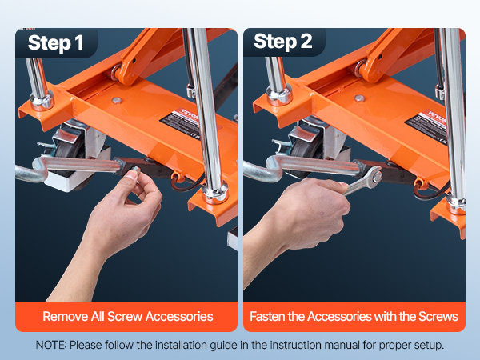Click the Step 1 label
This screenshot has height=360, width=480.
click(55, 42)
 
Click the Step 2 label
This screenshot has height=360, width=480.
click(283, 42)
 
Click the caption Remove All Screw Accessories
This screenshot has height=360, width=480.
click(128, 316)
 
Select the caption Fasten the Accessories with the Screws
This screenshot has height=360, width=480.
click(354, 316)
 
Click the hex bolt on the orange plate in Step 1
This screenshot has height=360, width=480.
click(116, 100)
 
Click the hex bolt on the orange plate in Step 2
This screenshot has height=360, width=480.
click(359, 98)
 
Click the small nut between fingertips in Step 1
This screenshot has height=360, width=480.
click(136, 170)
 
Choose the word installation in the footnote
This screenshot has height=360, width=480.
click(182, 345)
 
